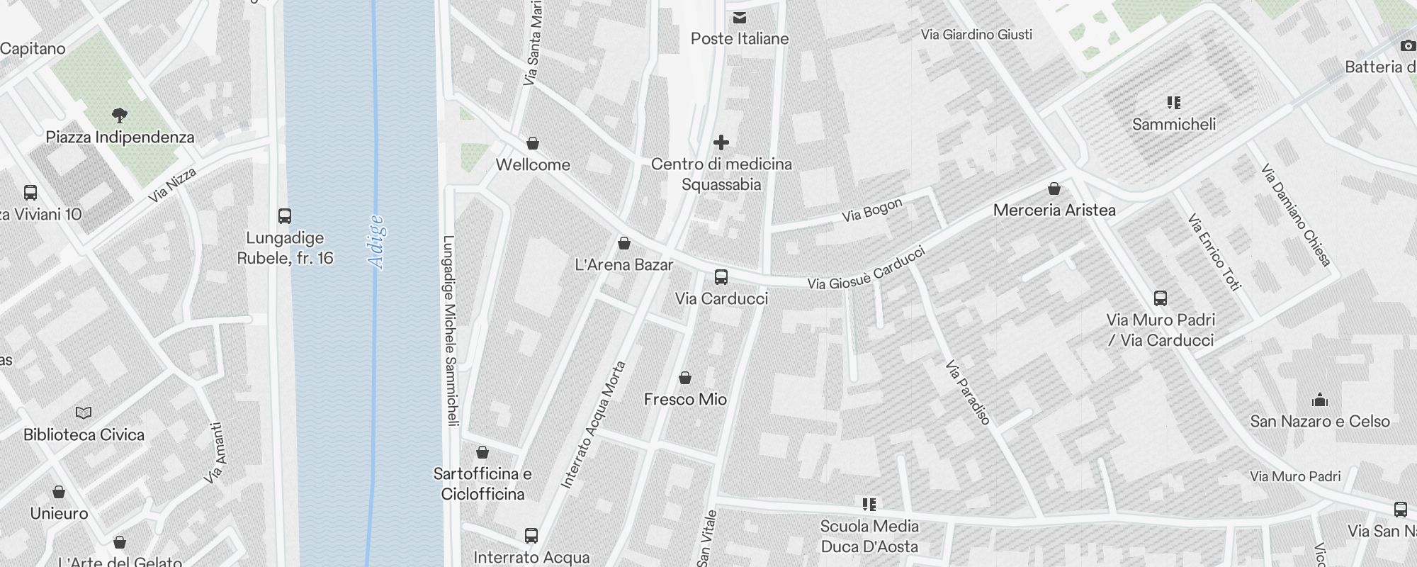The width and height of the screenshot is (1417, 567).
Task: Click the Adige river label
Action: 377,242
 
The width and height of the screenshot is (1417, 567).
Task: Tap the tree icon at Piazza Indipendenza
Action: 120,115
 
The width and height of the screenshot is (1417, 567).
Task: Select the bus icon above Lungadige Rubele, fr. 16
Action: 285,216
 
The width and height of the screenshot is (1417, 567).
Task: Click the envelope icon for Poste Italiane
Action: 740,18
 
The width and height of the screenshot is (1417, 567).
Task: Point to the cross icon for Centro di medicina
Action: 721,142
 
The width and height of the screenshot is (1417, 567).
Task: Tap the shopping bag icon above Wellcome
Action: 533,143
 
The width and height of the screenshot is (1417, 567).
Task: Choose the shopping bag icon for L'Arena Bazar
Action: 624,243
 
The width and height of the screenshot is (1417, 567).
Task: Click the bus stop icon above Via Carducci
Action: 721,277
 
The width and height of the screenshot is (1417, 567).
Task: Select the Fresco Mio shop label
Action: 685,400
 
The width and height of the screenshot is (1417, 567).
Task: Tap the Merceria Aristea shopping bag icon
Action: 1054,189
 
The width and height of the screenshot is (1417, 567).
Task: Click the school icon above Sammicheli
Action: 1174,103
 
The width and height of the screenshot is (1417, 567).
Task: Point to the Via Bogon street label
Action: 872,210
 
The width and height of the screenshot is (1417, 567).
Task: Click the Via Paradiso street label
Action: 967,393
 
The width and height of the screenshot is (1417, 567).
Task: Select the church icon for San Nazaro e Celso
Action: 1319,400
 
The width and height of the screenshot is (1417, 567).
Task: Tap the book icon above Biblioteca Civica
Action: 84,412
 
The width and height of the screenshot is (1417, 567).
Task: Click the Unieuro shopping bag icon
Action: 60,492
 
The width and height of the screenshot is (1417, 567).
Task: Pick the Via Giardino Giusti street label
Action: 976,34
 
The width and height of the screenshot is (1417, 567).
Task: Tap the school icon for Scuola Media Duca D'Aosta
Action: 869,505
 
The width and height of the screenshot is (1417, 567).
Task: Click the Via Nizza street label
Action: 172,186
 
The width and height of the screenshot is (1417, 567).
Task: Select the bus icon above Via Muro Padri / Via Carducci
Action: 1161,298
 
